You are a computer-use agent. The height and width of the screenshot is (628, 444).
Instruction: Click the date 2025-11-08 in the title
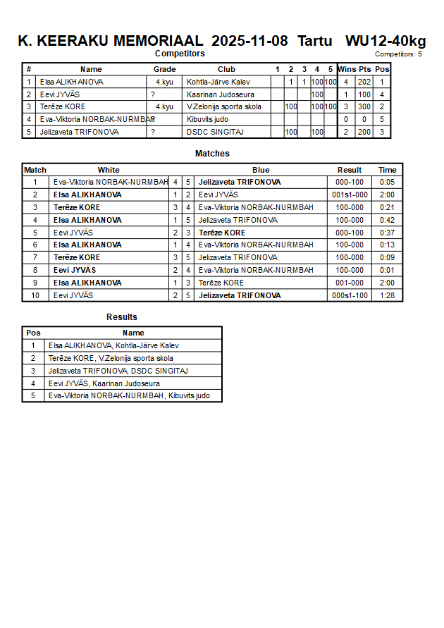coord(249,41)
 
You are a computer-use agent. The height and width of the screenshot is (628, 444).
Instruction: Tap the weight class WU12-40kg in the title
coord(386,41)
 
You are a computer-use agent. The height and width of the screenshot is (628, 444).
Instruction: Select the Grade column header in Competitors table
coord(165,69)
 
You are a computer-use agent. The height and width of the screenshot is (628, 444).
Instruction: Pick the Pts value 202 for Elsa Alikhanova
coord(364,82)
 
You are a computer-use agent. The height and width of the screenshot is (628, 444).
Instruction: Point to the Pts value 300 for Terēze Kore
coord(364,106)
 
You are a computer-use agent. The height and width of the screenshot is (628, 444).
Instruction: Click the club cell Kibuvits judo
coord(208,119)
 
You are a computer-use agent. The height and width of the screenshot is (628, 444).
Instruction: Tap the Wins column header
coord(347,69)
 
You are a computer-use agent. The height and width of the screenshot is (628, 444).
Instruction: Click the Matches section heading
coord(212,154)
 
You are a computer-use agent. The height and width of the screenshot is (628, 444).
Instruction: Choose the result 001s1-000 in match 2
coord(350,195)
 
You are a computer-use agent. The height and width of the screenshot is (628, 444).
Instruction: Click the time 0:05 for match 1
coord(387,182)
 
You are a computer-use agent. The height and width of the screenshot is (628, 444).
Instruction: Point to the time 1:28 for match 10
coord(387,295)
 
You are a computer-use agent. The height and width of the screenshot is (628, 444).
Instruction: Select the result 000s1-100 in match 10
coord(350,295)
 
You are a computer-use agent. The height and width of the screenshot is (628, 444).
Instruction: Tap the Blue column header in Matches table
coord(261,170)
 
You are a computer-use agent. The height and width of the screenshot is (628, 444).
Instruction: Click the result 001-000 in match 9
coord(350,283)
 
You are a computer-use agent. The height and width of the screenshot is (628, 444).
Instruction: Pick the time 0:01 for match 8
coord(387,270)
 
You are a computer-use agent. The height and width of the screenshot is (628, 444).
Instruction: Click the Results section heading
coord(122,317)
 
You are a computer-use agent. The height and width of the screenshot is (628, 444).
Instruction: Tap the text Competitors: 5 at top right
coord(398,54)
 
